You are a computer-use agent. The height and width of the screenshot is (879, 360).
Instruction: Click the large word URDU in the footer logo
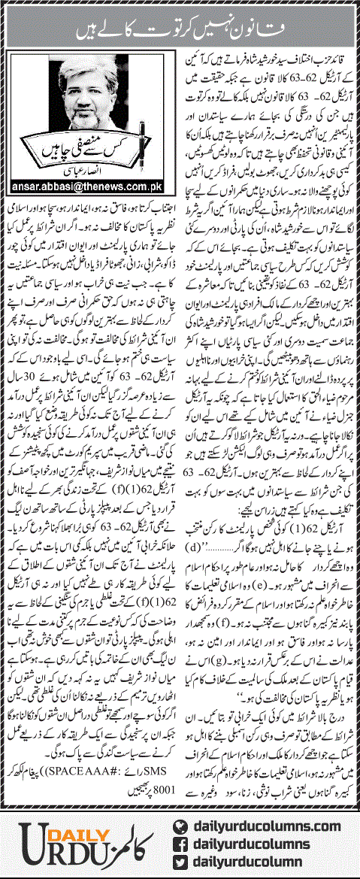pos(54,836)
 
